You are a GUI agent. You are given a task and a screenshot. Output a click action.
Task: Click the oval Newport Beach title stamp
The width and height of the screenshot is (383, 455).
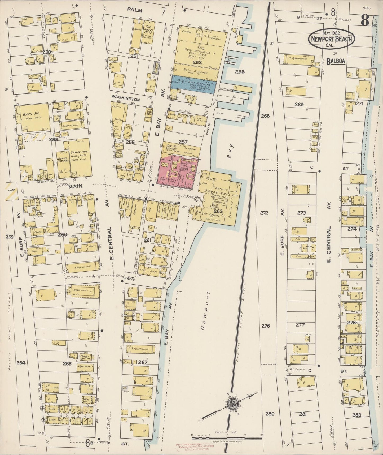click(x=331, y=39)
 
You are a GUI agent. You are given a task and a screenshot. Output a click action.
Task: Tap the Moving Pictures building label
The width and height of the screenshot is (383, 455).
click(x=63, y=159)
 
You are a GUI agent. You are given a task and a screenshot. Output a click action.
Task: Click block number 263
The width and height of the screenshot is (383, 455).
click(x=218, y=211)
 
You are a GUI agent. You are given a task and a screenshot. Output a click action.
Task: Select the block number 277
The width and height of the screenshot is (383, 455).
click(x=300, y=324)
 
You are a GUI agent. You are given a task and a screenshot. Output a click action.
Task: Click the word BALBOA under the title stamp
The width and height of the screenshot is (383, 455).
click(x=336, y=61)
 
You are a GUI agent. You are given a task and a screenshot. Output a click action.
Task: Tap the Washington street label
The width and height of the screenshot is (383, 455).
click(x=126, y=99)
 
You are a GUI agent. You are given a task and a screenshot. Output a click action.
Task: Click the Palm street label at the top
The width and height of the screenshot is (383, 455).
click(x=135, y=11)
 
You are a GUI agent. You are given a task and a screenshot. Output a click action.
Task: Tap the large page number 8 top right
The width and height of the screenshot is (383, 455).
click(x=365, y=21)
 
